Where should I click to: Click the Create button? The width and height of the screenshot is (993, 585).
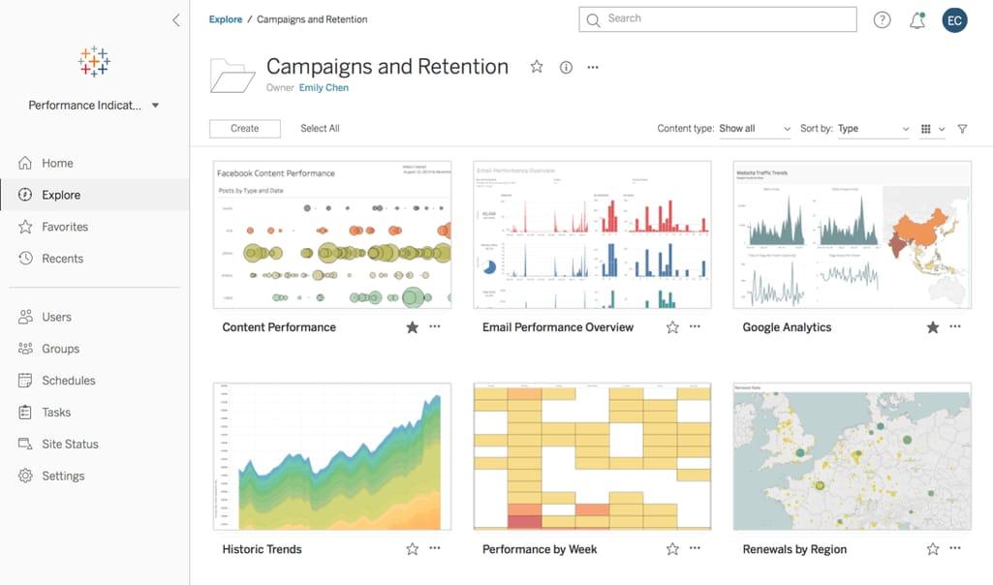pos(244,129)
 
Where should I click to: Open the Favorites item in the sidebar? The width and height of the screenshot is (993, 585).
pos(64,227)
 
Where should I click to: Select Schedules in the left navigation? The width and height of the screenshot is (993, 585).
pos(68,381)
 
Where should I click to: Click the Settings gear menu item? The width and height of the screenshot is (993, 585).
pos(63,476)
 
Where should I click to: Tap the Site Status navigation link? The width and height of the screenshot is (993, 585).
pos(70,444)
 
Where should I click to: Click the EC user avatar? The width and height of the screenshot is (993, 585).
pos(954,19)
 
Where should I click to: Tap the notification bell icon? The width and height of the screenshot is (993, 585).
pos(916,20)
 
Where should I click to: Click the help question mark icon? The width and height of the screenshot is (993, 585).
pos(882,20)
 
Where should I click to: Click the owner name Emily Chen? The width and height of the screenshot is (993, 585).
pos(324,88)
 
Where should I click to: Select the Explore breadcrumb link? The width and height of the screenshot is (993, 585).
pos(226,19)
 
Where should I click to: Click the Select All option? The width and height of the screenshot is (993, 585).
pos(320,129)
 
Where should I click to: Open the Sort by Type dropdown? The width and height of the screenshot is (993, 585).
pos(873,129)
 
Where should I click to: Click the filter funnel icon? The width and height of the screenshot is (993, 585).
pos(962,129)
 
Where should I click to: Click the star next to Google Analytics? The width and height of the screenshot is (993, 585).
pos(932,327)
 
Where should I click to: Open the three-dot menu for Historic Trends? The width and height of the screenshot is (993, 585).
pos(434,548)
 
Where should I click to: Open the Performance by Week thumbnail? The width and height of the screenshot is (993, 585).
pos(592,456)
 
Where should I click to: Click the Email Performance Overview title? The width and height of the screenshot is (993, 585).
pos(558,327)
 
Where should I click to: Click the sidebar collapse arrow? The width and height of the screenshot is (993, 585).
pos(175,20)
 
